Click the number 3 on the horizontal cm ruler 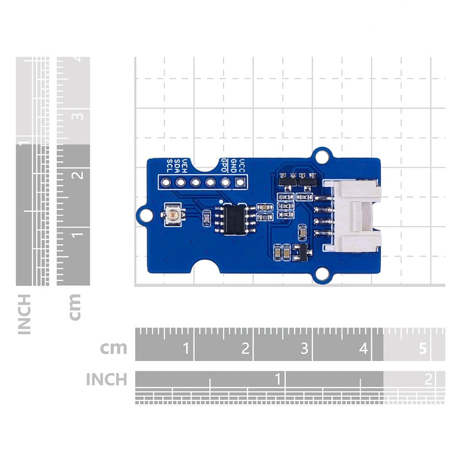tap(304, 348)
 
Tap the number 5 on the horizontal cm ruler tap(423, 348)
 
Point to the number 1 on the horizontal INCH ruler tap(277, 379)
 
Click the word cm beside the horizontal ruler tap(113, 348)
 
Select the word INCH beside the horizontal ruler tap(106, 379)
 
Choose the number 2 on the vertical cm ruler tap(78, 175)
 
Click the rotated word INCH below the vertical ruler tap(24, 314)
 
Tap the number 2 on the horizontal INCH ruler tap(428, 379)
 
